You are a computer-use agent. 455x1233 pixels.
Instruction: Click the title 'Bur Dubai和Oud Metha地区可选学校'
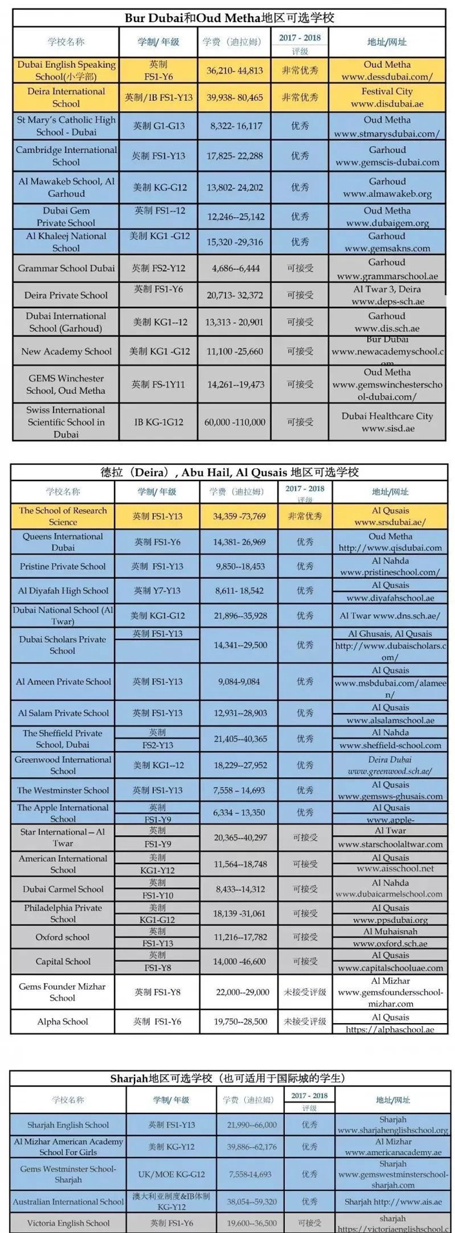pos(229,17)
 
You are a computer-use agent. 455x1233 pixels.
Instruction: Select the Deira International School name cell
pos(66,98)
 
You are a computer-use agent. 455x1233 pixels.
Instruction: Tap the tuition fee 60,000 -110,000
pos(236,422)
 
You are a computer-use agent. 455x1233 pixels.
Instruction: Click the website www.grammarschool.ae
pos(386,276)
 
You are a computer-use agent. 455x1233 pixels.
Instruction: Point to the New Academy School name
pos(66,351)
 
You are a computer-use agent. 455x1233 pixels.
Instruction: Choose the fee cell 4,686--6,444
pos(236,268)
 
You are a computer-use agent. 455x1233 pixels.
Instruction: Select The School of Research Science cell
pos(63,516)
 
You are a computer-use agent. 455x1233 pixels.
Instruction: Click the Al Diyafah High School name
pos(63,590)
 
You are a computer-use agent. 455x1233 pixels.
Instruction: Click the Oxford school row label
pos(63,937)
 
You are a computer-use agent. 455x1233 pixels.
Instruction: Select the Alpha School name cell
pos(63,1021)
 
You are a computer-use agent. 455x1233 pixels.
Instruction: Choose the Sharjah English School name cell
pos(69,1124)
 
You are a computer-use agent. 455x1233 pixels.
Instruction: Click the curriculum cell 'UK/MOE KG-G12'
pos(171,1174)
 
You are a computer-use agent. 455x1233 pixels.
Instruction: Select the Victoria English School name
pos(69,1223)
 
